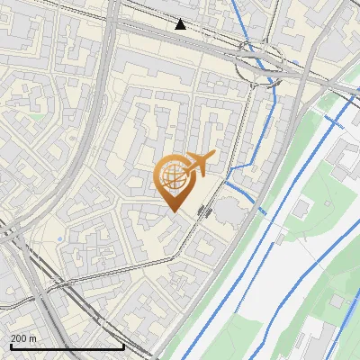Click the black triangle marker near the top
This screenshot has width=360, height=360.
pos(181,24)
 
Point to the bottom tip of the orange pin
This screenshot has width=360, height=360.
pos(173,211)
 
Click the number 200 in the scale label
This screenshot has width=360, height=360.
pos(19,338)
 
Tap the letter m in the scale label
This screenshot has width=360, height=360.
pos(32,338)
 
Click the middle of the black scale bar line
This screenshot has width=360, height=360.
pos(67,347)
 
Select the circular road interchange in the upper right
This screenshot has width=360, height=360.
pos(260,65)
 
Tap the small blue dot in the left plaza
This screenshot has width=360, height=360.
pos(60,238)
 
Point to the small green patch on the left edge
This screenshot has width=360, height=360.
pos(35,116)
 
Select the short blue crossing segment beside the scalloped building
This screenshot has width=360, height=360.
pos(262,211)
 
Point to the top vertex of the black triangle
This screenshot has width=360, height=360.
pos(181,19)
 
